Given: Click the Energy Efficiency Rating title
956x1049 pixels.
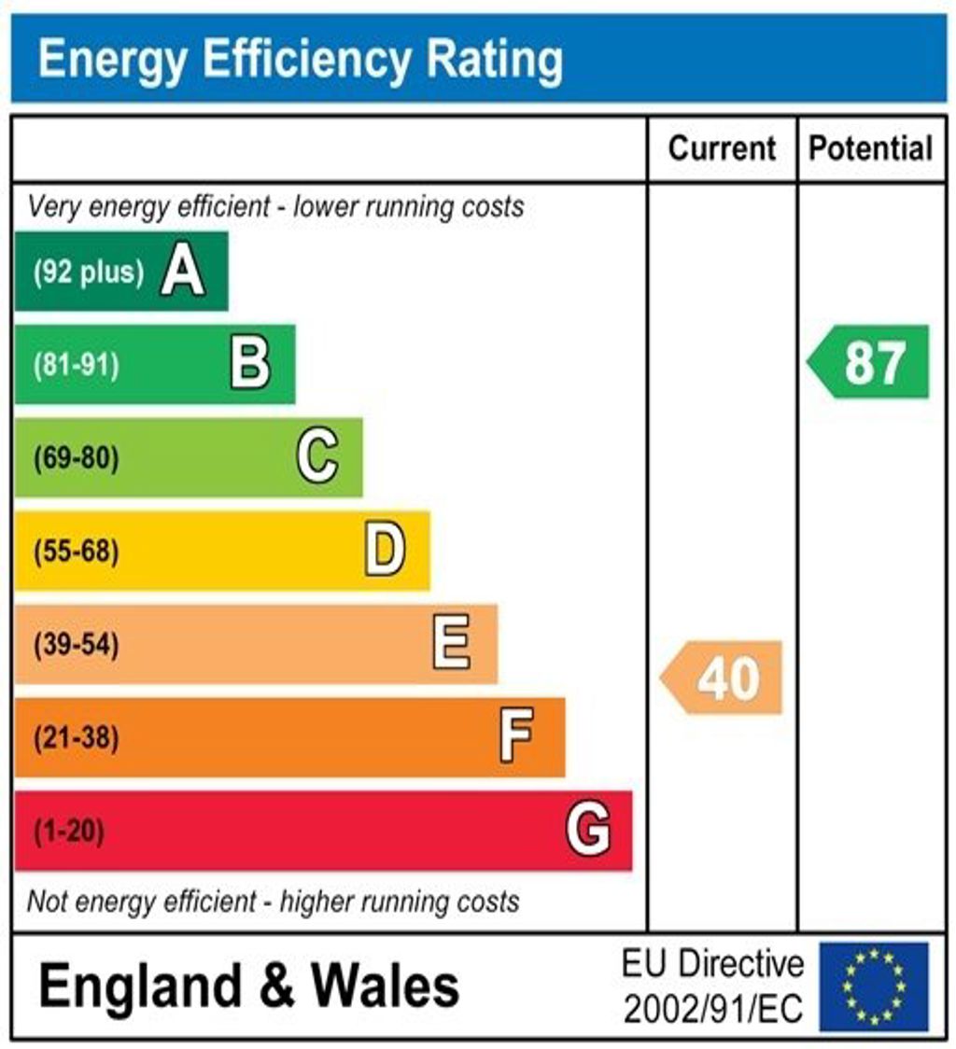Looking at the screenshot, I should tap(300, 60).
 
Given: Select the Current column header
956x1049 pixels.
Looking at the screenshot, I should tap(722, 148).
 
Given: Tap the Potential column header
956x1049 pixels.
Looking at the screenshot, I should tap(870, 148).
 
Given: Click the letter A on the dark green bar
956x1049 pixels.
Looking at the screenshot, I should tap(183, 272).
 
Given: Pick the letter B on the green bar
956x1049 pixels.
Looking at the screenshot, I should tap(250, 364).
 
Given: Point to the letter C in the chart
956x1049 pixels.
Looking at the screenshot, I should tap(317, 457).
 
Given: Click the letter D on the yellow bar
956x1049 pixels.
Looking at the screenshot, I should tap(385, 551).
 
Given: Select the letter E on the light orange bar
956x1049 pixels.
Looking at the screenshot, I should tap(452, 644).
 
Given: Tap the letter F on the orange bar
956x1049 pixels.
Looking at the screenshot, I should tap(516, 737).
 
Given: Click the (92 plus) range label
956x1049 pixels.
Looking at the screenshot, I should tap(89, 273).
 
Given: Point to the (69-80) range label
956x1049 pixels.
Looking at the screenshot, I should tap(77, 458).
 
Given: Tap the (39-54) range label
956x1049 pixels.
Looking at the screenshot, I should tap(77, 645).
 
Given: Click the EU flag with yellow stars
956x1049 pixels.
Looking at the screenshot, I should tap(874, 986).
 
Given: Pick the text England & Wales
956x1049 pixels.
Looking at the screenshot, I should tap(249, 986).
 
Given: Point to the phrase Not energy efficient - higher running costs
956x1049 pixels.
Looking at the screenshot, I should tap(273, 902).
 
